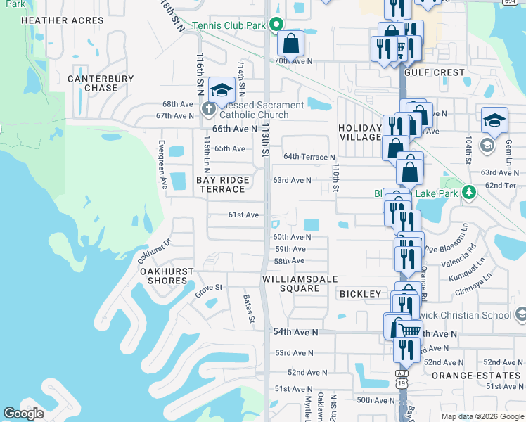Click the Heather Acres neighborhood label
pyautogui.click(x=63, y=20)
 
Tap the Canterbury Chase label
pyautogui.click(x=102, y=83)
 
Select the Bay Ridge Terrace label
pyautogui.click(x=223, y=185)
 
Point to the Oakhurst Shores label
pyautogui.click(x=163, y=276)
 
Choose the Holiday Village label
pyautogui.click(x=359, y=132)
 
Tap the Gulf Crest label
pyautogui.click(x=435, y=72)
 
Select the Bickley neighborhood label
pyautogui.click(x=360, y=293)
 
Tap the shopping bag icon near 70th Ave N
pyautogui.click(x=290, y=44)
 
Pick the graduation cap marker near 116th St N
pyautogui.click(x=221, y=89)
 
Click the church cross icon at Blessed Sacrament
pyautogui.click(x=208, y=109)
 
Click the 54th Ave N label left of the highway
pyautogui.click(x=295, y=332)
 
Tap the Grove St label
pyautogui.click(x=209, y=288)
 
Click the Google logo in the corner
pyautogui.click(x=23, y=414)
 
